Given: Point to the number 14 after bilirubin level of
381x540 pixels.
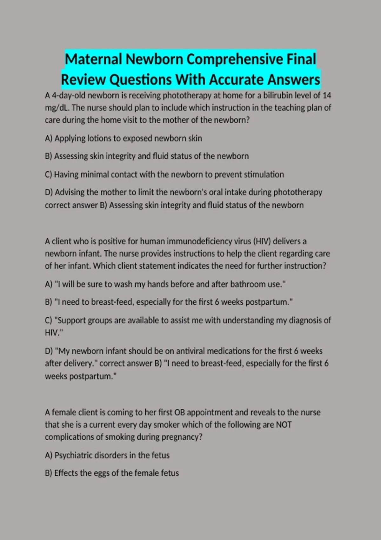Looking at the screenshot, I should point(327,95).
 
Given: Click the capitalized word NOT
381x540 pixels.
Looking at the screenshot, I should point(284,425).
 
